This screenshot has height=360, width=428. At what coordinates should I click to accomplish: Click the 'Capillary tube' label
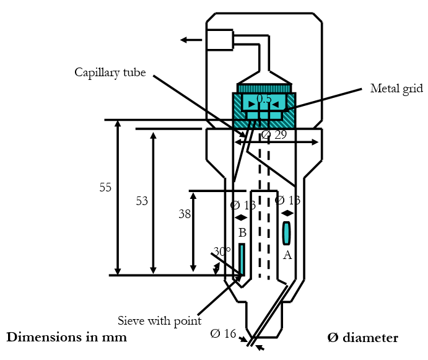pyautogui.click(x=110, y=73)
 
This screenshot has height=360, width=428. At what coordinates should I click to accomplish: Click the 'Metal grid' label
pyautogui.click(x=396, y=89)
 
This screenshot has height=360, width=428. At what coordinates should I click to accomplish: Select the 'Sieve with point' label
pyautogui.click(x=159, y=321)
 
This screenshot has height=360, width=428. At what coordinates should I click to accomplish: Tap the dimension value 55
pyautogui.click(x=105, y=187)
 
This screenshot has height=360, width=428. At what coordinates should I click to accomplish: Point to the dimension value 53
pyautogui.click(x=142, y=201)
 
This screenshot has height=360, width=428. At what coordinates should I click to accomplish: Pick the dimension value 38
pyautogui.click(x=185, y=214)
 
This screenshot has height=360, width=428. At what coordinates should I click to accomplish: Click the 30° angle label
pyautogui.click(x=222, y=252)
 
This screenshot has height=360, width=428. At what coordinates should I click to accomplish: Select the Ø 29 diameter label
pyautogui.click(x=274, y=134)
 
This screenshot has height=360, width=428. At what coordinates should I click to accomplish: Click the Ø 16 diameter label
pyautogui.click(x=224, y=334)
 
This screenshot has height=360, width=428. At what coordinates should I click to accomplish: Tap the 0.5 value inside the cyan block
pyautogui.click(x=264, y=99)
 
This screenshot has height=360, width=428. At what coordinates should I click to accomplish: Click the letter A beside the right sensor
pyautogui.click(x=287, y=255)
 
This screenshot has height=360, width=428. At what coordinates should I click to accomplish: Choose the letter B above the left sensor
pyautogui.click(x=242, y=233)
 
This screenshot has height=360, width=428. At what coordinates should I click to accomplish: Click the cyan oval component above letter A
pyautogui.click(x=286, y=233)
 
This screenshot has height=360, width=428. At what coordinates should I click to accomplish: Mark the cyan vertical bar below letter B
pyautogui.click(x=242, y=259)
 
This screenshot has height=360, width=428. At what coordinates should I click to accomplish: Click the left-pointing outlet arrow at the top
pyautogui.click(x=191, y=40)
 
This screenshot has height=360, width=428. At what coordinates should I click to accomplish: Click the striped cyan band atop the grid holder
pyautogui.click(x=264, y=89)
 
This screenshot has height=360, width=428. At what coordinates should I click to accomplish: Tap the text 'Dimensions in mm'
pyautogui.click(x=66, y=338)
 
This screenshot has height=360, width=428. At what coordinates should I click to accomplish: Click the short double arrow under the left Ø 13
pyautogui.click(x=242, y=217)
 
